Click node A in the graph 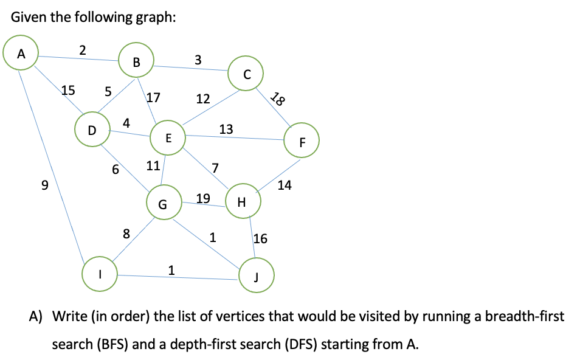click(21, 53)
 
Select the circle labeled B click(136, 61)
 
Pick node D click(91, 129)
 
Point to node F click(302, 142)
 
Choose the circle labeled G click(162, 204)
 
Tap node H click(242, 202)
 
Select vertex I click(100, 274)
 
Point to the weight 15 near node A click(68, 91)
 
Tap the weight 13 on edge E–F click(226, 129)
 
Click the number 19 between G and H click(203, 198)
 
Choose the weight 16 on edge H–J click(260, 238)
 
